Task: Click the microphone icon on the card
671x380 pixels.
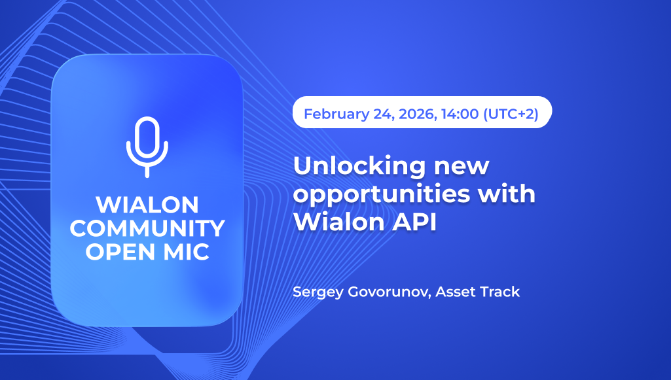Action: pyautogui.click(x=147, y=147)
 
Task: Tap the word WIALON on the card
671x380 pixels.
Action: pyautogui.click(x=147, y=205)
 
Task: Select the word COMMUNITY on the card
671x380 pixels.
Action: pyautogui.click(x=147, y=228)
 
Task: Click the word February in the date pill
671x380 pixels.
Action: pyautogui.click(x=336, y=114)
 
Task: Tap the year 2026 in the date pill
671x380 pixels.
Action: pyautogui.click(x=410, y=114)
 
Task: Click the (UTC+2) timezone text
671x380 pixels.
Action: pyautogui.click(x=511, y=114)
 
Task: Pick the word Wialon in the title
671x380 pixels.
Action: pyautogui.click(x=333, y=222)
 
